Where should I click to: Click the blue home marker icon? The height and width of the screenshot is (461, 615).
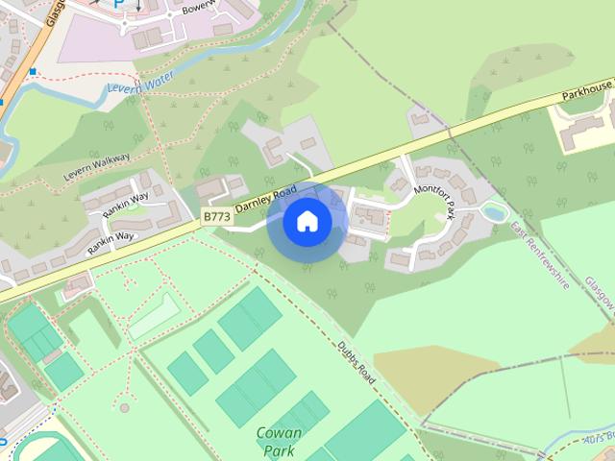click(307, 221)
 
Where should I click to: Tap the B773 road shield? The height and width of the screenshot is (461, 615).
click(217, 219)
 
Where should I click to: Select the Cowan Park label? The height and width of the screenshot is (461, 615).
click(280, 441)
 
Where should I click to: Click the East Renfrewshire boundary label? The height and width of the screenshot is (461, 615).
click(541, 255)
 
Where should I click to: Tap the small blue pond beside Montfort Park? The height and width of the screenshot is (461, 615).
click(495, 211)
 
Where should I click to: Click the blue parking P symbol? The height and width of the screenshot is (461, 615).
click(119, 4)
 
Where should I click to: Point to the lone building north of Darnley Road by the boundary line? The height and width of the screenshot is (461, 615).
click(420, 120)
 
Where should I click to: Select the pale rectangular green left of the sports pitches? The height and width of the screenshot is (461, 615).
click(154, 316)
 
